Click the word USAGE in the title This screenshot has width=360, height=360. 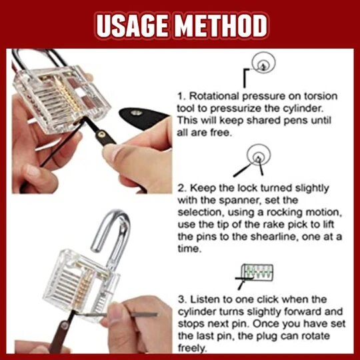[x=131, y=25]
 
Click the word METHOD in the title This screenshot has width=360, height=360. [x=222, y=25]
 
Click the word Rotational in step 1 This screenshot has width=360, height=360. [x=214, y=96]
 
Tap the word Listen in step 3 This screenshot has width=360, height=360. [x=203, y=299]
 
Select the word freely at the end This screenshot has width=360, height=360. [x=193, y=348]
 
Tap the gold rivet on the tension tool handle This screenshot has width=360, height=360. [x=102, y=133]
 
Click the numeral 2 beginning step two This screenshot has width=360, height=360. [x=181, y=188]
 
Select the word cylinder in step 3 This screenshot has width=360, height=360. [x=198, y=312]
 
